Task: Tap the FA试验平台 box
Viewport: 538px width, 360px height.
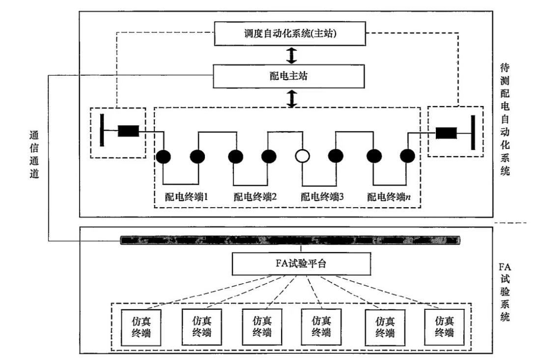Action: [x=301, y=264]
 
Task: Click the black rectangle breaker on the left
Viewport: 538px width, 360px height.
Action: [x=128, y=131]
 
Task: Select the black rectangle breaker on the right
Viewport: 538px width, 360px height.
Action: [x=447, y=133]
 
